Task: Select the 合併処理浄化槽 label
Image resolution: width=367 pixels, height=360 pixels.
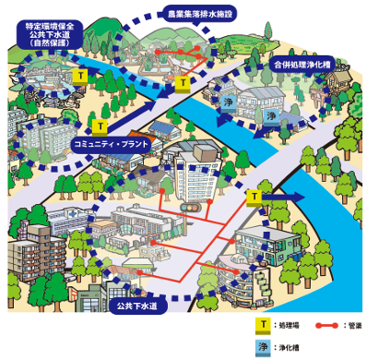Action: click(x=304, y=66)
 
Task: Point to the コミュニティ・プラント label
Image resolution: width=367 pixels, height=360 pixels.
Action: click(x=110, y=145)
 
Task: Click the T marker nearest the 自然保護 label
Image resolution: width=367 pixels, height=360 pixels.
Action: click(x=82, y=73)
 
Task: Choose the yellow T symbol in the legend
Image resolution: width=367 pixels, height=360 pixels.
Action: click(x=262, y=326)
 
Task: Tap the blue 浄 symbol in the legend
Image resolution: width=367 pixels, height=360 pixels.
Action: click(x=262, y=347)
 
